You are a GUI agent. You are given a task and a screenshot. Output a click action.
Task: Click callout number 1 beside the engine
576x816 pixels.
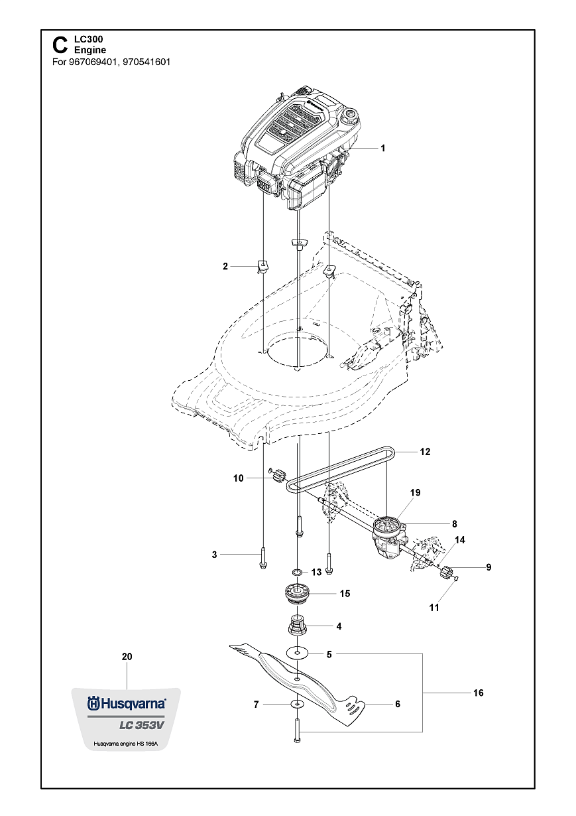pos(383,148)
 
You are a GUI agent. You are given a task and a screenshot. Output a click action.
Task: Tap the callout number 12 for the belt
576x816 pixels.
pos(425,452)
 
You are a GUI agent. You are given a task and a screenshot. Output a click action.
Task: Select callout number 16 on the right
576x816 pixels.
pos(479,693)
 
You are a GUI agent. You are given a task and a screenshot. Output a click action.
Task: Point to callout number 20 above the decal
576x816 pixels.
pos(127,657)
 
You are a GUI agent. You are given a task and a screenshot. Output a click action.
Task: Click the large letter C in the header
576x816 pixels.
pos(60,45)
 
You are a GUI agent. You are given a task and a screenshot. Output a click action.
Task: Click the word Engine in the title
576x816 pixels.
pos(90,50)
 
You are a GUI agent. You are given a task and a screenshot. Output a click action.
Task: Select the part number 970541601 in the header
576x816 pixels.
pos(146,62)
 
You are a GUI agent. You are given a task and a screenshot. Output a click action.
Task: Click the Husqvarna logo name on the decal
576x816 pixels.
pos(133,704)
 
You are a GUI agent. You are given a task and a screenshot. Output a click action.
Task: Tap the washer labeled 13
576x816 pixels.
pos(298,572)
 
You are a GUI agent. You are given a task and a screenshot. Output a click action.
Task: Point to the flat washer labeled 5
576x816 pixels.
pos(298,653)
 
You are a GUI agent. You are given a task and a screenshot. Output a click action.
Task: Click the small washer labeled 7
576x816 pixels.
pos(297,705)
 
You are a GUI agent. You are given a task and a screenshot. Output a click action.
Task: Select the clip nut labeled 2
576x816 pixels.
pos(262,265)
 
